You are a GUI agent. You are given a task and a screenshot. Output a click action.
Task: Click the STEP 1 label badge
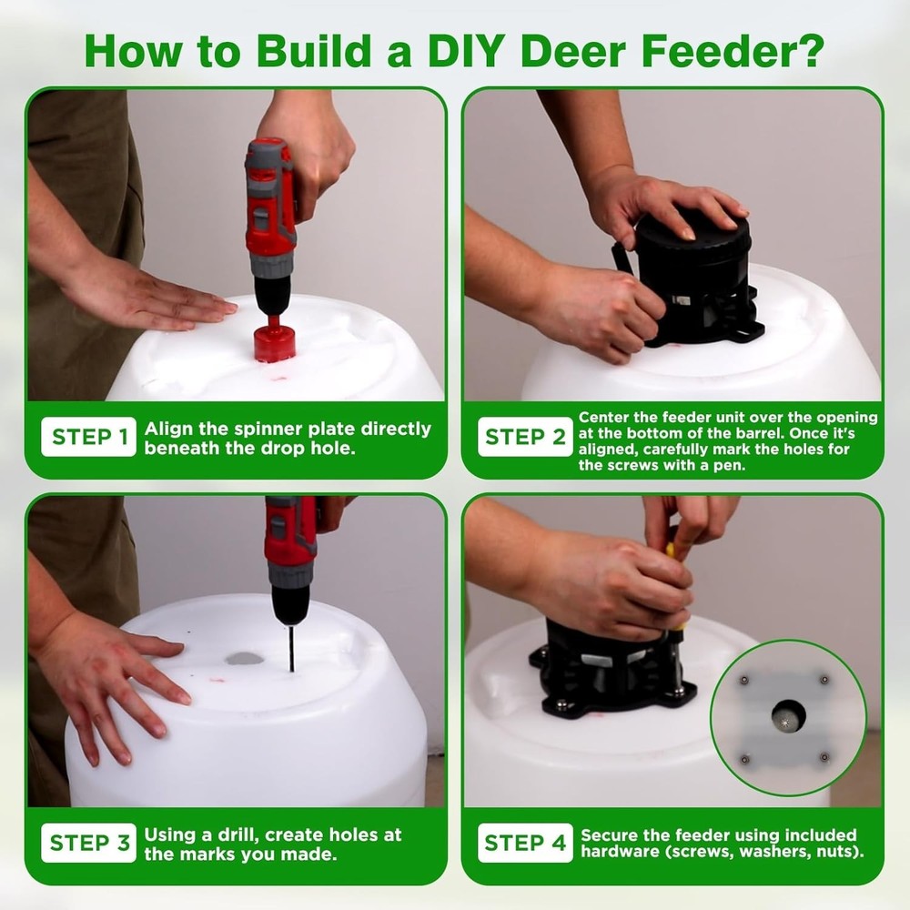pos(89,437)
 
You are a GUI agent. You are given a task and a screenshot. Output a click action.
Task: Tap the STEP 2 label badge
pos(525,437)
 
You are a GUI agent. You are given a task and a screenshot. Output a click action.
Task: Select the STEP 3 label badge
pos(89,843)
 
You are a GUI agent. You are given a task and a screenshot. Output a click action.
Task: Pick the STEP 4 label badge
pos(525,843)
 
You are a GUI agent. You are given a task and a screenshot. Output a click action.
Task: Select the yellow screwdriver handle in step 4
pos(671,551)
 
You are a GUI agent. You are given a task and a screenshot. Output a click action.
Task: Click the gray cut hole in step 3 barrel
pos(243,657)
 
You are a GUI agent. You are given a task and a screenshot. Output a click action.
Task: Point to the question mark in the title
pos(807,52)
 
